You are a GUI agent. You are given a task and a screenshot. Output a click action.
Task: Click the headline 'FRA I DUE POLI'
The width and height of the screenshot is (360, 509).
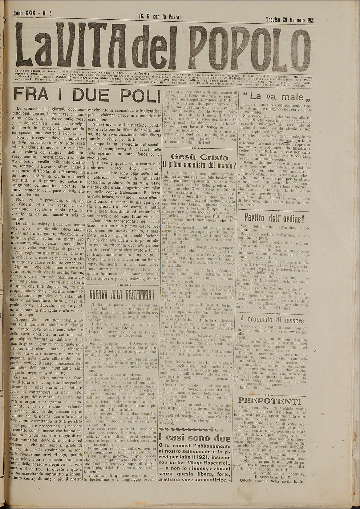point(84,92)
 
